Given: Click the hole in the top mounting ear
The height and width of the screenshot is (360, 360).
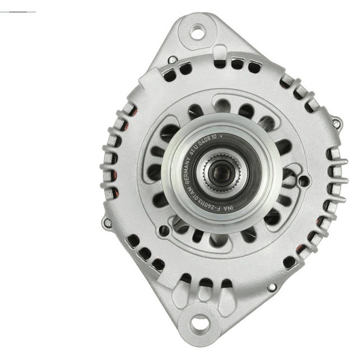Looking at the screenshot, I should [x=198, y=33].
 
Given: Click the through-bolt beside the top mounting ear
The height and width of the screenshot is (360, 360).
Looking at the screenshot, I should [x=171, y=59].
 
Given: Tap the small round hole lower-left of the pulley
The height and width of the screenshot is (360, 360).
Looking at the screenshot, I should [x=163, y=229].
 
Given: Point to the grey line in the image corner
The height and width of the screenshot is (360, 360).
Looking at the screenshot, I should [x=18, y=11].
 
